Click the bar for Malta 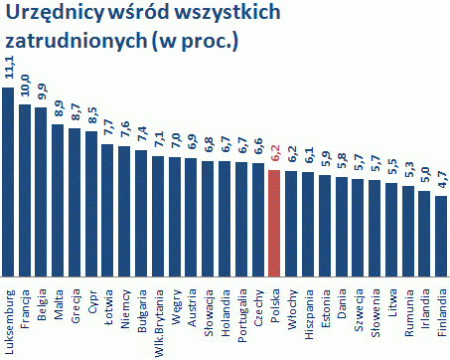coord(58,200)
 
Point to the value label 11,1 coord(9,72)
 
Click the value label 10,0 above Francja coord(25,88)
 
